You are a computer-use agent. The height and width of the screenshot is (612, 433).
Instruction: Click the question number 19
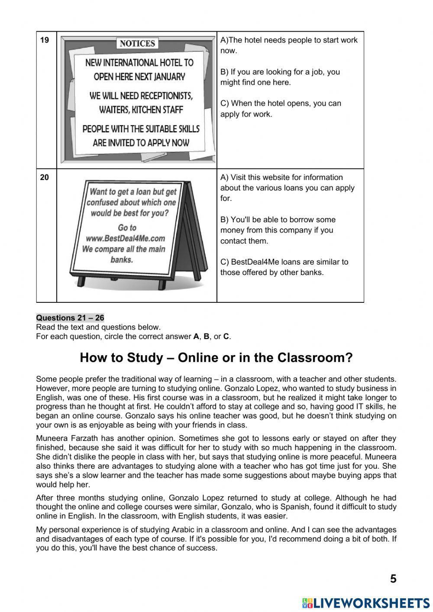44,40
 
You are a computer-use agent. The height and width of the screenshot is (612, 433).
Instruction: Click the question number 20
44,178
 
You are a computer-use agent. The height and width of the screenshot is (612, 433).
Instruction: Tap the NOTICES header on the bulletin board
137,43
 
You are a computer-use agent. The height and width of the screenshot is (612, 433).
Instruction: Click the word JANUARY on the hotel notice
169,77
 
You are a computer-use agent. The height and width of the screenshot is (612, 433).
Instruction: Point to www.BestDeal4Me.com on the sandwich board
125,238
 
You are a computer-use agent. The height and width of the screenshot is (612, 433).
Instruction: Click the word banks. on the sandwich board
121,260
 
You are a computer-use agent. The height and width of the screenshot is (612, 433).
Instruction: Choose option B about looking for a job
280,77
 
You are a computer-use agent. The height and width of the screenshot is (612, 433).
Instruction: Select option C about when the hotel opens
281,109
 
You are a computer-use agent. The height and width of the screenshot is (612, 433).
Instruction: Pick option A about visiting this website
287,188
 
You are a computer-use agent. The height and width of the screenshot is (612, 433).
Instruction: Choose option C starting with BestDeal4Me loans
284,267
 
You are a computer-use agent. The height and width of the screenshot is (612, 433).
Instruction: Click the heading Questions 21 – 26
70,318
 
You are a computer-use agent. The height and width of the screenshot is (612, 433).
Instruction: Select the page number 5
393,579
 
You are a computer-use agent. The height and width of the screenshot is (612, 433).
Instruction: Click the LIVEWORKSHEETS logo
366,603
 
